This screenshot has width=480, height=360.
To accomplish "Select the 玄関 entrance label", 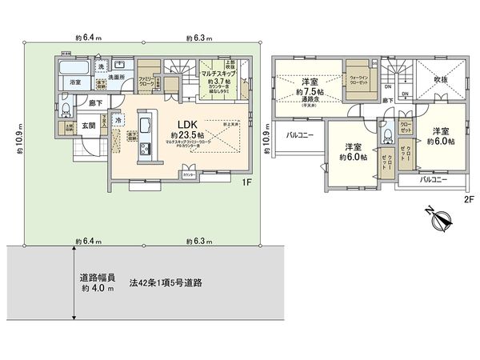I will point(88,126).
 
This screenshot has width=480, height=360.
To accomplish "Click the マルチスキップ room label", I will point(218,71).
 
